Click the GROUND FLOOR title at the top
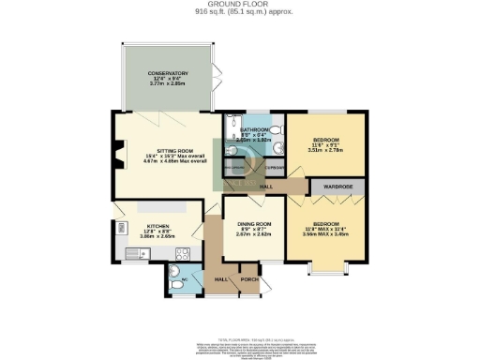pyautogui.click(x=240, y=5)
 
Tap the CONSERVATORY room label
pyautogui.click(x=168, y=73)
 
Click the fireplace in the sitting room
pyautogui.click(x=118, y=154)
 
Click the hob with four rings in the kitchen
pyautogui.click(x=183, y=252)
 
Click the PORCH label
pyautogui.click(x=249, y=279)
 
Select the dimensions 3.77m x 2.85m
pyautogui.click(x=168, y=84)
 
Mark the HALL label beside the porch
pyautogui.click(x=221, y=279)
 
